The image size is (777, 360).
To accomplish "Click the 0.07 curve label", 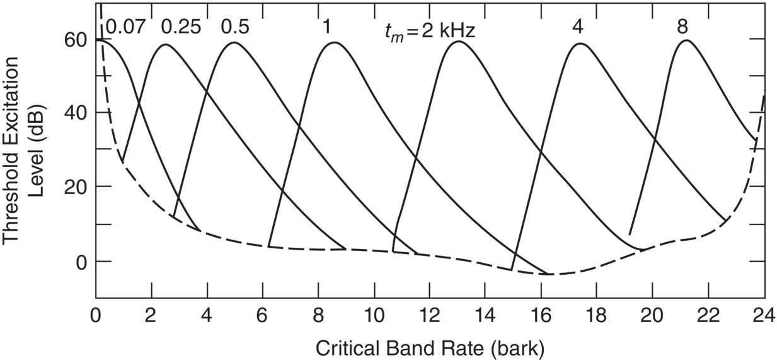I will point(125,27).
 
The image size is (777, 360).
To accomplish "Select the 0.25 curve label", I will point(182,27).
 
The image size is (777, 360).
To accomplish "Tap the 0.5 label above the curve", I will point(235,27).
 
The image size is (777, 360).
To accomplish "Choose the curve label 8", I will point(682,27).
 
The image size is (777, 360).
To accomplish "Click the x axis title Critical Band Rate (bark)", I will point(429,346).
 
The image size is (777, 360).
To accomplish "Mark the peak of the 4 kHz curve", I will point(580,44).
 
